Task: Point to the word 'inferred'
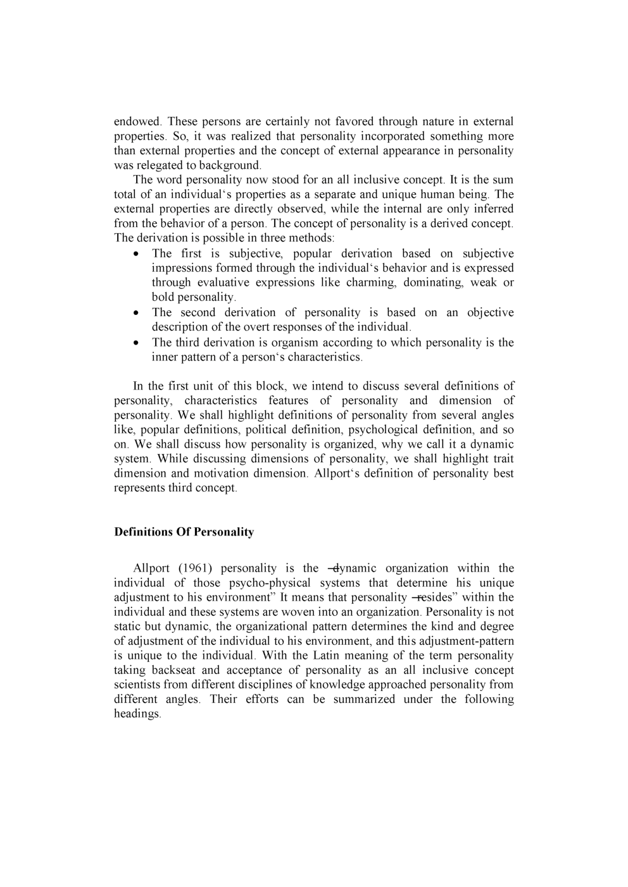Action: [x=492, y=209]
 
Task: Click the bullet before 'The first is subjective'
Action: [x=137, y=254]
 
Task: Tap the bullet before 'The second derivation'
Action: [x=137, y=313]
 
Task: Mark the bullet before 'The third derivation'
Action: [x=137, y=343]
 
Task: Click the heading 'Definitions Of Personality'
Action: [x=184, y=532]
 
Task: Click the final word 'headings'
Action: [x=137, y=713]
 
